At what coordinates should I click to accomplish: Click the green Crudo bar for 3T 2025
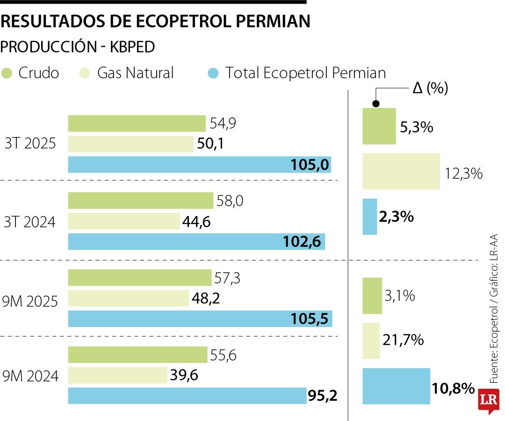pyautogui.click(x=137, y=123)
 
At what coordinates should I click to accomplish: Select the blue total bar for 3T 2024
pyautogui.click(x=196, y=242)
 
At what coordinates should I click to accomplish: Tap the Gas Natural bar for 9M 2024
pyautogui.click(x=118, y=375)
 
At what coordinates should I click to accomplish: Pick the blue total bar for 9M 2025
pyautogui.click(x=200, y=319)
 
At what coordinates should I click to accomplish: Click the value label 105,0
pyautogui.click(x=310, y=165)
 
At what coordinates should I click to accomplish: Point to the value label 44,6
pyautogui.click(x=197, y=222)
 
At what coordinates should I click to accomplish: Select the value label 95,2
pyautogui.click(x=322, y=396)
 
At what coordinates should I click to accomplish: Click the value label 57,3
pyautogui.click(x=227, y=278)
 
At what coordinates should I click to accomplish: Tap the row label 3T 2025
pyautogui.click(x=30, y=144)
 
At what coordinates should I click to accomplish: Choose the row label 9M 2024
pyautogui.click(x=31, y=376)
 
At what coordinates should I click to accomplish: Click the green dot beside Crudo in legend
pyautogui.click(x=7, y=73)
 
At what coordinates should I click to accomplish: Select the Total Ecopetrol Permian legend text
pyautogui.click(x=306, y=73)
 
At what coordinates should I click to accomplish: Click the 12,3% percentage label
pyautogui.click(x=463, y=174)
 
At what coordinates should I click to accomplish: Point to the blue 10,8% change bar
pyautogui.click(x=396, y=386)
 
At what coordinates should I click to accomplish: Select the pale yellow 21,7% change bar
pyautogui.click(x=371, y=341)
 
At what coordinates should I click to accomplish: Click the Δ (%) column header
pyautogui.click(x=430, y=88)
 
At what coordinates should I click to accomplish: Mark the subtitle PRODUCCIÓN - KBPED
pyautogui.click(x=78, y=47)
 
